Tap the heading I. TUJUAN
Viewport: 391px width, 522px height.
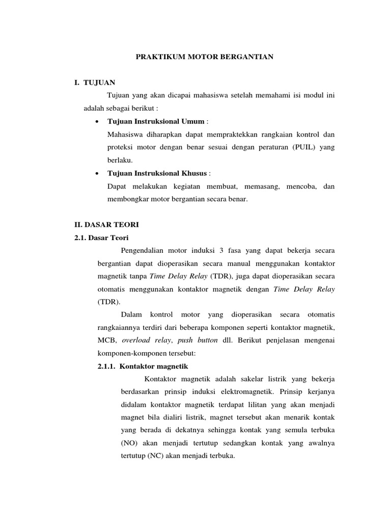pyautogui.click(x=95, y=82)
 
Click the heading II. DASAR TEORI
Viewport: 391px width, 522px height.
pyautogui.click(x=103, y=225)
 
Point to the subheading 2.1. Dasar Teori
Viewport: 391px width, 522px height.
pyautogui.click(x=101, y=238)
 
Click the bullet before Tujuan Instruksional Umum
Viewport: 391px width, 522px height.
pyautogui.click(x=97, y=121)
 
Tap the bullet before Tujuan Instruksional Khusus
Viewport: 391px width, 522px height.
pyautogui.click(x=97, y=173)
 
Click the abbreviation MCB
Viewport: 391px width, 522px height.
pyautogui.click(x=106, y=341)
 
